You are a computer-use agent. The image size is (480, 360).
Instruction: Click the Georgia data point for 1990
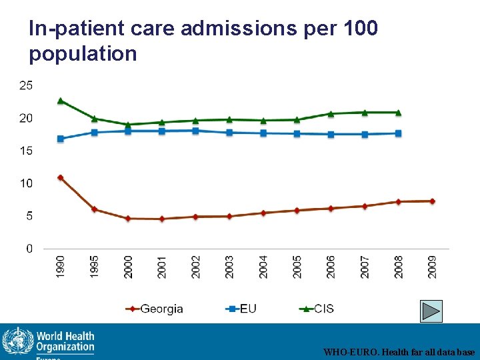click(x=61, y=178)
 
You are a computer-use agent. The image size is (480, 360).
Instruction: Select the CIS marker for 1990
click(x=61, y=101)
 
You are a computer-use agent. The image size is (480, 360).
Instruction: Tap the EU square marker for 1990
click(x=61, y=139)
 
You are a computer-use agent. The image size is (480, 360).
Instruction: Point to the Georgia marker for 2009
click(x=432, y=201)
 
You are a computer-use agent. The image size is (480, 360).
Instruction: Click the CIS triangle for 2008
click(x=398, y=113)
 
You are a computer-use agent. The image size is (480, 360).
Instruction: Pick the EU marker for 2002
click(x=195, y=131)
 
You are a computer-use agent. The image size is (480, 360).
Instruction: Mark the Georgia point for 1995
click(x=95, y=209)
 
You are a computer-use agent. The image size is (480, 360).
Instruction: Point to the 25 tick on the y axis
click(x=25, y=85)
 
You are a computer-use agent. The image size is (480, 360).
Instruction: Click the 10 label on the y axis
click(x=25, y=183)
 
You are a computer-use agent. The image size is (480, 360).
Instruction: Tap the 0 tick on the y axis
click(x=29, y=249)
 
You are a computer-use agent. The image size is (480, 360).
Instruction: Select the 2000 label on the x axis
click(x=128, y=267)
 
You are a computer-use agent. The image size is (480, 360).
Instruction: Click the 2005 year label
click(x=297, y=267)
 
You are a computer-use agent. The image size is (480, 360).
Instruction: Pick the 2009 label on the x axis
click(x=432, y=267)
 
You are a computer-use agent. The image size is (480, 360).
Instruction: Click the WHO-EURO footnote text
click(x=399, y=351)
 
